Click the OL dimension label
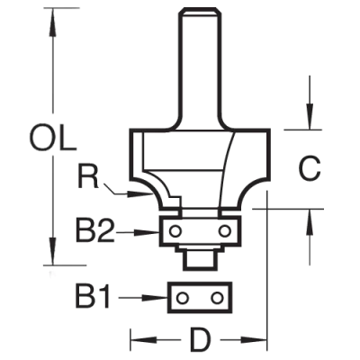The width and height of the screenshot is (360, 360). point(53,138)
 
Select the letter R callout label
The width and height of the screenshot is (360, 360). point(88,175)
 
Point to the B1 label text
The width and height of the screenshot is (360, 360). point(94,297)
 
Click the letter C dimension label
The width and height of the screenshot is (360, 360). point(310,168)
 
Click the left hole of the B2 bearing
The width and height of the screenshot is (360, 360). point(175,231)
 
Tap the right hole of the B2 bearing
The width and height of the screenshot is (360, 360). point(224,231)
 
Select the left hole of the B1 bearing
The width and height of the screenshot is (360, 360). point(182,298)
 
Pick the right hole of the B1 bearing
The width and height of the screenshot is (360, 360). point(216,298)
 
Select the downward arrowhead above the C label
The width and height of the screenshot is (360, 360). point(310,116)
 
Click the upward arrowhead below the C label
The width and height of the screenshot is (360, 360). point(310,222)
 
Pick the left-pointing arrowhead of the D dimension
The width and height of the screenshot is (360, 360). point(143,340)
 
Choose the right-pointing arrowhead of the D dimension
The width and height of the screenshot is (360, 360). point(254,340)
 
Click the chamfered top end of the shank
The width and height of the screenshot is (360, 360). point(200,11)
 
